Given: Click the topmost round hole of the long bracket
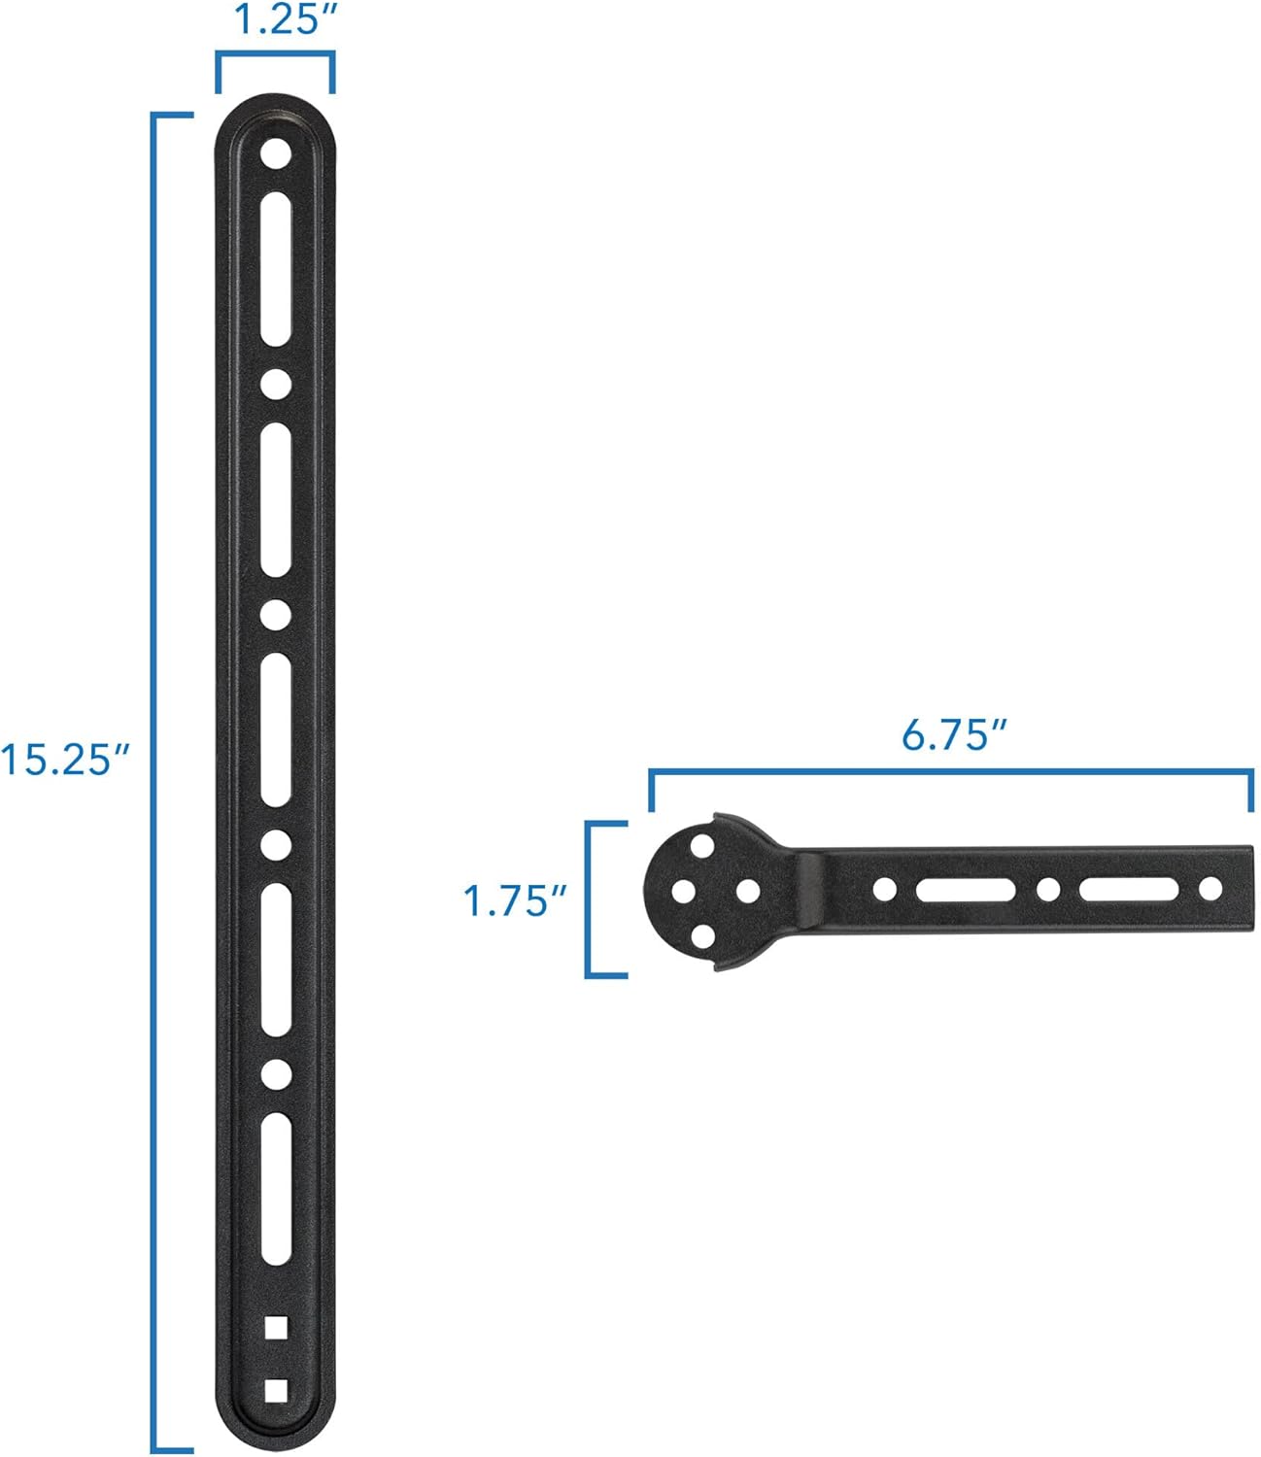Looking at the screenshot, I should (276, 153).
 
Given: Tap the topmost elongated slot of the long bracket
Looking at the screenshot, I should (276, 268).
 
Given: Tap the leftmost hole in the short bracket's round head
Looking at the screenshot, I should (683, 891).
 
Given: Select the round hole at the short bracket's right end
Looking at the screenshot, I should (1210, 888).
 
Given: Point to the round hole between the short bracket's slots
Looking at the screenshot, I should (1047, 888).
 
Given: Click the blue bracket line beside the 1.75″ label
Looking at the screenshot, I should (588, 898).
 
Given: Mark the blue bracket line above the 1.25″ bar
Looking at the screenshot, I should (276, 55).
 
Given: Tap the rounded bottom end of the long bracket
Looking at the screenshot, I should (276, 1434).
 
